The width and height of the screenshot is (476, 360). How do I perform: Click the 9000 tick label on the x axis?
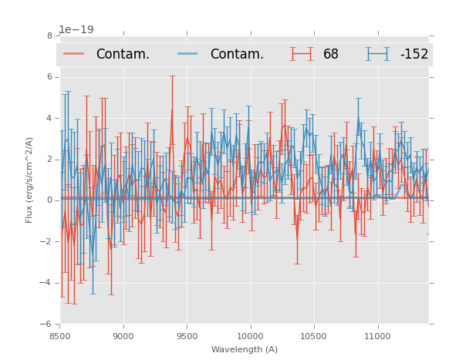(x=123, y=335)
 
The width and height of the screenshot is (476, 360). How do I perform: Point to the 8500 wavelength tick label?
(x=60, y=335)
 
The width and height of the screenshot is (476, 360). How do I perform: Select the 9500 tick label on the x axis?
(x=187, y=335)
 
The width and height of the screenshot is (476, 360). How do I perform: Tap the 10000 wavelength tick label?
(x=250, y=335)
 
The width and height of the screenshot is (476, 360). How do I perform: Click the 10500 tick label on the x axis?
(x=313, y=335)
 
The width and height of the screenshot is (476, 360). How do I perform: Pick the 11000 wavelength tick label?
(x=377, y=335)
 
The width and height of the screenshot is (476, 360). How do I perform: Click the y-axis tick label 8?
(x=49, y=35)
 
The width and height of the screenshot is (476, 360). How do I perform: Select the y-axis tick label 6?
(x=49, y=77)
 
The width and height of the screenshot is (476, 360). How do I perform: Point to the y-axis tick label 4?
(x=49, y=118)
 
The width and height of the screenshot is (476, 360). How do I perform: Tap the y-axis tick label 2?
(x=49, y=160)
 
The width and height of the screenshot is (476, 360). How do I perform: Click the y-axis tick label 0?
(x=49, y=200)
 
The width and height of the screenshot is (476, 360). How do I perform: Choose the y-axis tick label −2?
(x=47, y=241)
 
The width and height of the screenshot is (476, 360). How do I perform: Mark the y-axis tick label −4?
(x=47, y=283)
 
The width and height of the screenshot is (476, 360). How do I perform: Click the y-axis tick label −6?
(x=47, y=324)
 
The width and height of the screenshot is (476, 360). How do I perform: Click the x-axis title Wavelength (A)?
(x=245, y=349)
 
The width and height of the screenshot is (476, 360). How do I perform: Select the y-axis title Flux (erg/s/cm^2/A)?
(x=29, y=180)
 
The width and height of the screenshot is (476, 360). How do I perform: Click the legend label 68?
(x=331, y=55)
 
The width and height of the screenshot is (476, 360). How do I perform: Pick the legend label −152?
(x=414, y=55)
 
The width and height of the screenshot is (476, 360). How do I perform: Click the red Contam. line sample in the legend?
(x=74, y=54)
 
